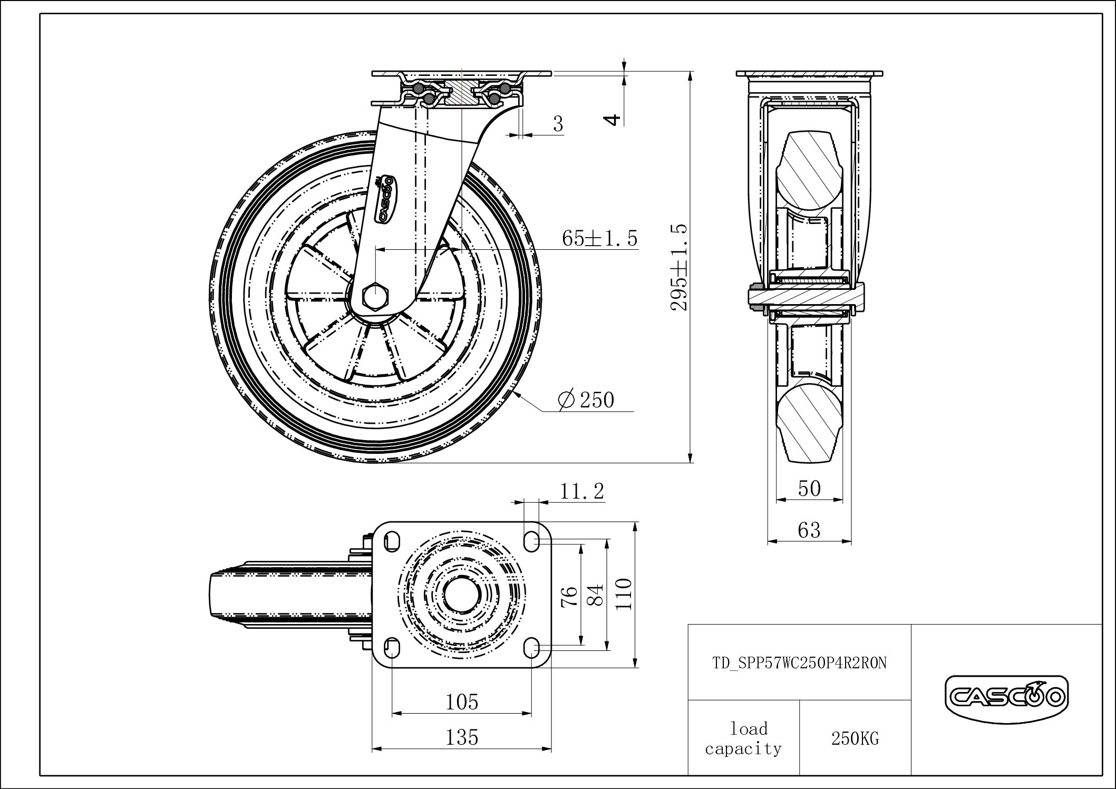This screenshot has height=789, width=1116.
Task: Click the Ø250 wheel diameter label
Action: click(x=586, y=400)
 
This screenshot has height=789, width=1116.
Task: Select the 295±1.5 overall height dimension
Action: click(x=680, y=267)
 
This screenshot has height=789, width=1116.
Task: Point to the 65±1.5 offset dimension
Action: click(x=600, y=238)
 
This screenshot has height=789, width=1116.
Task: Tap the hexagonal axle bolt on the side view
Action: click(x=374, y=296)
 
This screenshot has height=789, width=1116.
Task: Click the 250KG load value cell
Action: click(x=855, y=738)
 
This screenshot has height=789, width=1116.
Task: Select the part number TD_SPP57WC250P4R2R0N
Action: click(x=799, y=663)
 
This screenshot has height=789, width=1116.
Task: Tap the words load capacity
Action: click(x=743, y=739)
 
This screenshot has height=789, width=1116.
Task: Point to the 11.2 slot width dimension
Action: click(x=581, y=491)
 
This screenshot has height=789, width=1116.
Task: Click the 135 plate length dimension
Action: click(x=462, y=737)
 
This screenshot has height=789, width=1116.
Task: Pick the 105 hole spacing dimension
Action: click(x=462, y=702)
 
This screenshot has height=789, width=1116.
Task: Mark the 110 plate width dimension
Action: click(x=624, y=594)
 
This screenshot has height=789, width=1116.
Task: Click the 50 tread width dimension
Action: click(x=809, y=489)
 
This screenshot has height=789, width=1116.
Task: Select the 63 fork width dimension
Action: click(x=809, y=530)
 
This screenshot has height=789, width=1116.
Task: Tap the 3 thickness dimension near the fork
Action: click(x=558, y=124)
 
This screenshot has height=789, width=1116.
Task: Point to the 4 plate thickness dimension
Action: click(x=613, y=120)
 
